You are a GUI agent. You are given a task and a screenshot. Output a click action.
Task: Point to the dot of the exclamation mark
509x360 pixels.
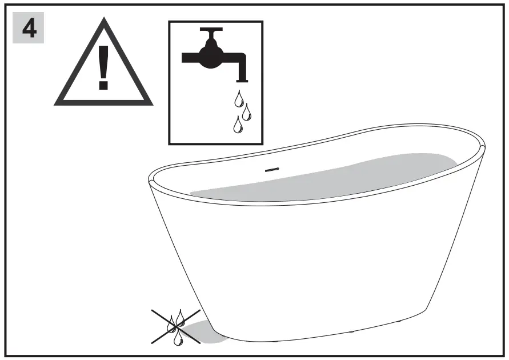click(103, 86)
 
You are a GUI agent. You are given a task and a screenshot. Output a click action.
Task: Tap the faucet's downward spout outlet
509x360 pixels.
click(242, 75)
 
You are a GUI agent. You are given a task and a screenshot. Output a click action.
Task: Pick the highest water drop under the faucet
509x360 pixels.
click(238, 101)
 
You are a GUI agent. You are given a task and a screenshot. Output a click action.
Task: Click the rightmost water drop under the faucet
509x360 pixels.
click(247, 112)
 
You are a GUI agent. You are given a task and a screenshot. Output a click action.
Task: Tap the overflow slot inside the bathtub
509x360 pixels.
click(271, 169)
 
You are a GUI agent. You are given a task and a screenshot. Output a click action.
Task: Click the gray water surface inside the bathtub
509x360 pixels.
click(326, 177)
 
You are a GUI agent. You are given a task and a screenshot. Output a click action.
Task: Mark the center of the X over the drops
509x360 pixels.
click(176, 327)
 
